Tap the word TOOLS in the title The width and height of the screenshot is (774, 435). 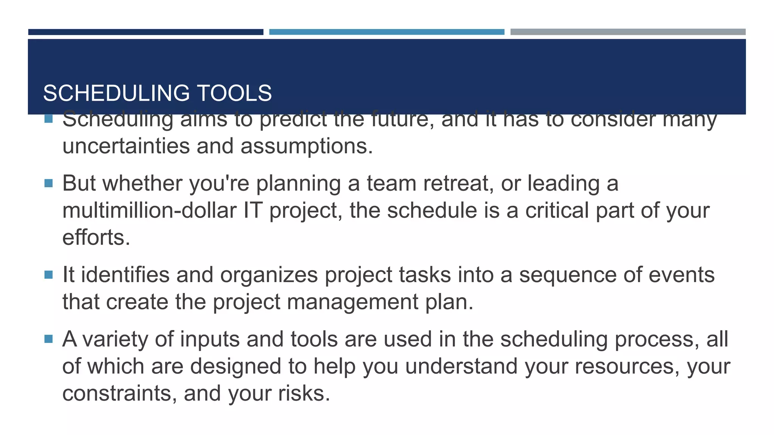pos(234,93)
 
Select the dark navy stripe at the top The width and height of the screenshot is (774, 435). pos(146,32)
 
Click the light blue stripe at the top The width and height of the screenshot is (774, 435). pos(387,32)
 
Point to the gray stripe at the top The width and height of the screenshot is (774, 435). pos(628,32)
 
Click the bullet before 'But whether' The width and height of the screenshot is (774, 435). pos(48,184)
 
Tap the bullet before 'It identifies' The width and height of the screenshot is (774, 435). pos(48,275)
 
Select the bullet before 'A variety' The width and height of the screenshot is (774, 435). pos(48,339)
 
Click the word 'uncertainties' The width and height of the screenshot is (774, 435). pos(126,146)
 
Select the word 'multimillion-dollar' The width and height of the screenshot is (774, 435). pos(149,211)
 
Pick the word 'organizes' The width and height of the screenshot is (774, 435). pos(269,275)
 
